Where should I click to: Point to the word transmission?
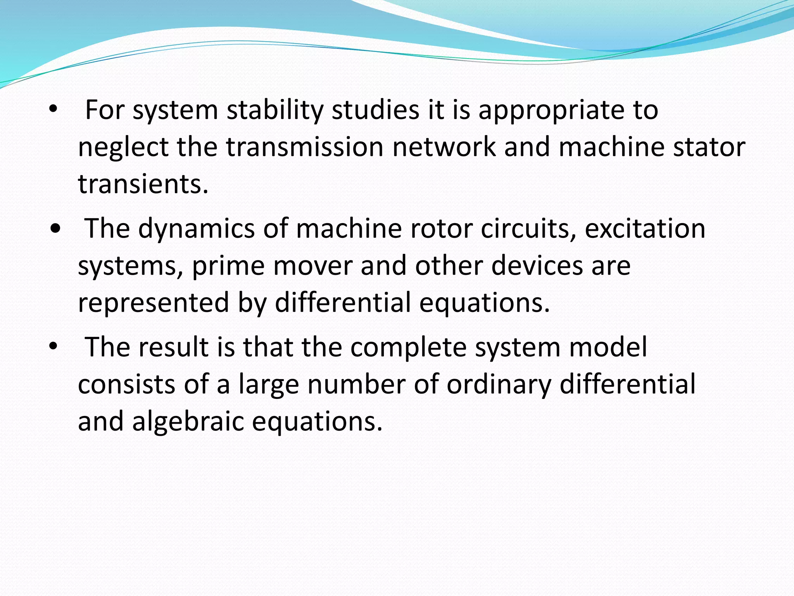pos(304,147)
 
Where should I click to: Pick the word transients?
pos(143,184)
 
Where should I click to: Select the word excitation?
pos(645,229)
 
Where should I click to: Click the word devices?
pos(537,266)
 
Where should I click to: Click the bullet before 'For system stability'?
pos(53,110)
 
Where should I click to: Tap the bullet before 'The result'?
pos(53,347)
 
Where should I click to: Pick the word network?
pos(444,147)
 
